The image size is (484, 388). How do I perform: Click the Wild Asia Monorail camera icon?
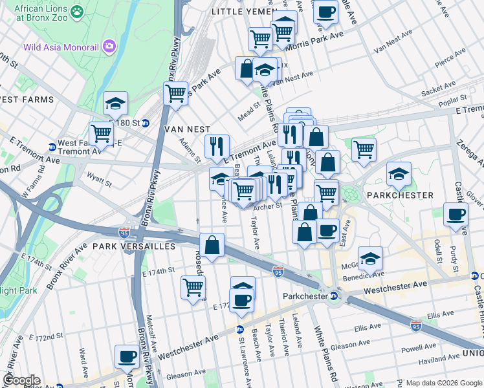(x=108, y=46)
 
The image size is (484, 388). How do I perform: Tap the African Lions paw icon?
(x=78, y=11)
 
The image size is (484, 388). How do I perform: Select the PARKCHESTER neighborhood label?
(x=400, y=195)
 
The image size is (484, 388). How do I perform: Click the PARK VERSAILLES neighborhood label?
(x=134, y=246)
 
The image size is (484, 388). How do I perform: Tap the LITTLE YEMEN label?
(x=241, y=12)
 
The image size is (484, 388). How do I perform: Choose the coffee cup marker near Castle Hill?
(x=456, y=214)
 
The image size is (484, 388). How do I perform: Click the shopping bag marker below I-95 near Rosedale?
(x=212, y=244)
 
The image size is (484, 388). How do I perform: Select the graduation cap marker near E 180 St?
(x=115, y=103)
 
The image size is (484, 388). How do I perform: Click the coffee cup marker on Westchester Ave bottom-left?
(x=127, y=356)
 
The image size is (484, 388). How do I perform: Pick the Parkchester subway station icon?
(x=334, y=296)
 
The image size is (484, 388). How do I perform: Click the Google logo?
(x=21, y=380)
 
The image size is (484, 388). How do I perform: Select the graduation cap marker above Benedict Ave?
(x=370, y=258)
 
